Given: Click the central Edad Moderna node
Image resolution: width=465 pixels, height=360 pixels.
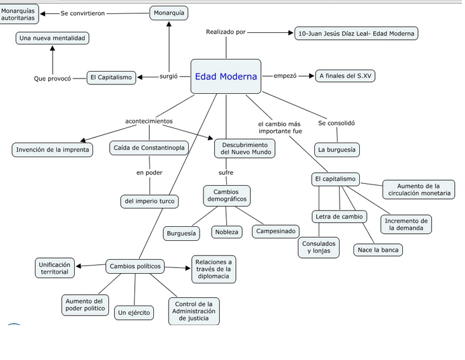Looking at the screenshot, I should (226, 77).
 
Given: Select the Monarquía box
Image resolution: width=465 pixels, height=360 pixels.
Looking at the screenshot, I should (170, 13).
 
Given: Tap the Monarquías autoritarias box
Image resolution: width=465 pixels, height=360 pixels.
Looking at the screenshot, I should (18, 13).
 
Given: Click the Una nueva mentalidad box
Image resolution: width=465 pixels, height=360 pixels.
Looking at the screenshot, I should (52, 39).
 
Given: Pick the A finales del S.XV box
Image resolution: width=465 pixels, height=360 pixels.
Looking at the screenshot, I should (345, 76).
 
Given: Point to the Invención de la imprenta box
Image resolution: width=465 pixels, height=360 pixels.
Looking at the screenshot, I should (53, 150).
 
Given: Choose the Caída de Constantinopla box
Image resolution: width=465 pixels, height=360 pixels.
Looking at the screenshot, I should (150, 148).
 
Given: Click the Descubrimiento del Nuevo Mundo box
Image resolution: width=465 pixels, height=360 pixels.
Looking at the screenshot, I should (245, 148).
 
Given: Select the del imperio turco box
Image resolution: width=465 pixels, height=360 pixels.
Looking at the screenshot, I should (149, 202).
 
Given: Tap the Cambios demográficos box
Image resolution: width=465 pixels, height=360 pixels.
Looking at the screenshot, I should (226, 195).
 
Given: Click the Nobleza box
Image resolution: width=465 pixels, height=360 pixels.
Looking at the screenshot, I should (226, 233).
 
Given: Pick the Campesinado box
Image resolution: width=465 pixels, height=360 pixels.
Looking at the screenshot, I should (276, 231).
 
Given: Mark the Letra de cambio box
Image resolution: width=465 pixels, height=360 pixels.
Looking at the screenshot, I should (340, 217).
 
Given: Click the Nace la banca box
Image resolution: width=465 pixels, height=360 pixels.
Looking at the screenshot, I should (378, 250).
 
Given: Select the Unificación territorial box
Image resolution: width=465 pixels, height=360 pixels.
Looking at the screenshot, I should (54, 267).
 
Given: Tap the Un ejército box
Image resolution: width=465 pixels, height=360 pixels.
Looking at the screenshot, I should (134, 312).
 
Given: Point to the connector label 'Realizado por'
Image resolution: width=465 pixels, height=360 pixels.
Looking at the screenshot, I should (226, 32).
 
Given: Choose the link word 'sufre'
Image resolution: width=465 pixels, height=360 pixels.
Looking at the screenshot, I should (226, 172).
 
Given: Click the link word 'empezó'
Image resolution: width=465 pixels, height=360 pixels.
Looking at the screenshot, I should (284, 76).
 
